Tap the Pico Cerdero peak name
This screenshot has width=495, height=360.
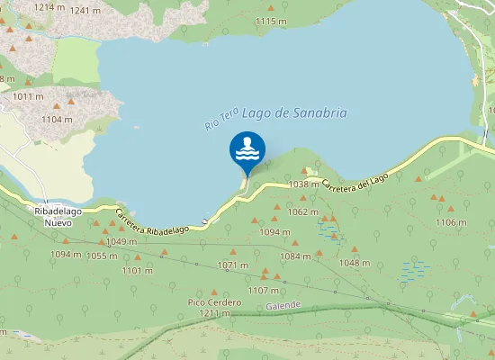coord(214,302)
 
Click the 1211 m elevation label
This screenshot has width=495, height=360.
coord(215,313)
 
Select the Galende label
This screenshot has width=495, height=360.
coord(283,306)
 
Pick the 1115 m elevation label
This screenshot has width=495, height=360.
coord(271,21)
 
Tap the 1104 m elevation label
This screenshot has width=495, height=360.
coord(57,119)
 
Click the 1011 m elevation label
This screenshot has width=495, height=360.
coord(28,96)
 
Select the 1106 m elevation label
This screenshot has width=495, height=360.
coord(451,222)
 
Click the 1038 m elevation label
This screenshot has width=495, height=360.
coord(303,184)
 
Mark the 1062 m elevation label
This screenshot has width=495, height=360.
coord(303,211)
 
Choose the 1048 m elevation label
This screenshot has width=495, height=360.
coord(355,263)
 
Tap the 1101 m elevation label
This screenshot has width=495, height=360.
coord(137,270)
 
